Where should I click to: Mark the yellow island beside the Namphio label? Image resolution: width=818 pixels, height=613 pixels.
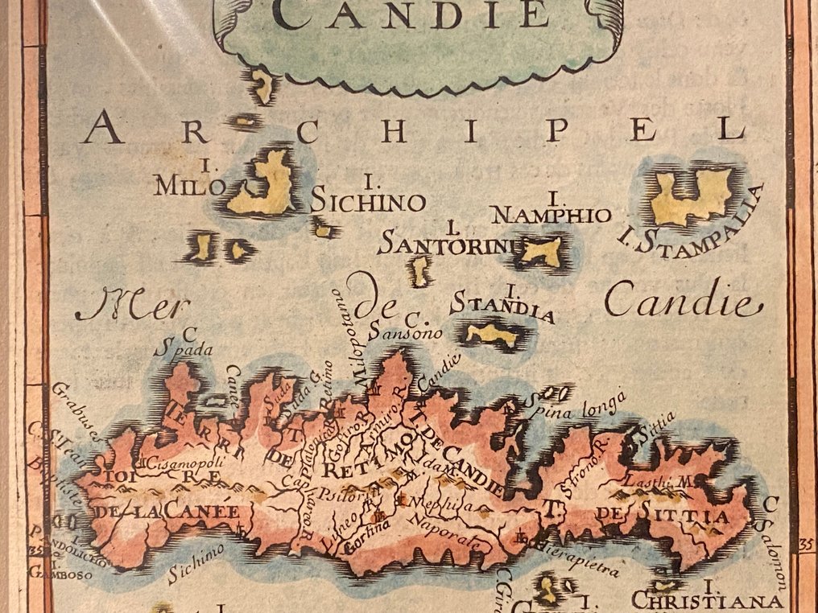541,252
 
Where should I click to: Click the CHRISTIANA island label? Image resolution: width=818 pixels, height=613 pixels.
707,601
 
